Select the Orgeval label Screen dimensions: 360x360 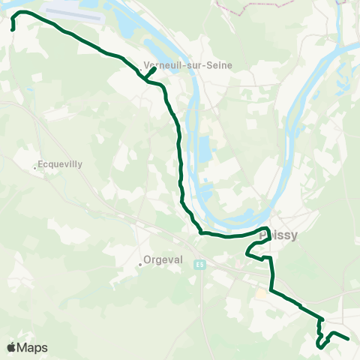pyautogui.click(x=163, y=262)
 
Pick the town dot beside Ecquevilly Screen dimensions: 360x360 pyautogui.click(x=35, y=167)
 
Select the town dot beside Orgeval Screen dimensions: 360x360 pyautogui.click(x=140, y=264)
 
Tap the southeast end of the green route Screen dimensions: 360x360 pyautogui.click(x=349, y=338)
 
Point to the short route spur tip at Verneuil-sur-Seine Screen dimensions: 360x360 pyautogui.click(x=154, y=69)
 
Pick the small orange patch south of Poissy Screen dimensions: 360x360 pyautogui.click(x=262, y=294)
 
